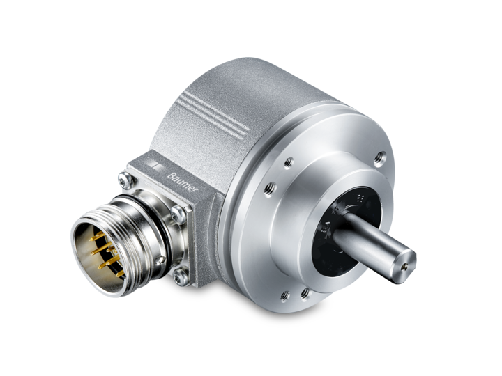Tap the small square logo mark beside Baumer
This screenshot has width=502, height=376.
[160, 171]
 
